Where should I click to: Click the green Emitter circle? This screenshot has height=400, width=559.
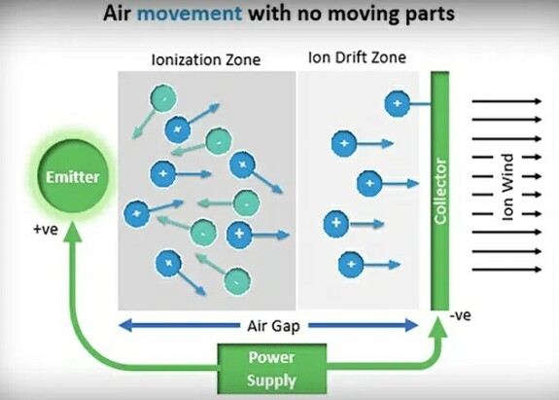73,177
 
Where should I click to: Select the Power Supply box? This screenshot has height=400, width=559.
272,369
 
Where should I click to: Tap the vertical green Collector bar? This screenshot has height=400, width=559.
440,191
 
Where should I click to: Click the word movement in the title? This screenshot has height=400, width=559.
190,14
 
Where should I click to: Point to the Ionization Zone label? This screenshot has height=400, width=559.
206,59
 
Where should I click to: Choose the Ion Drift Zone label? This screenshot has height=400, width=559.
357,57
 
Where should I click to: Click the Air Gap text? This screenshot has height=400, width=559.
273,326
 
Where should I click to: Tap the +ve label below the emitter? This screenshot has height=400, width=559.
46,230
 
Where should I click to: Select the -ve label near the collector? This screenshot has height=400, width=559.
461,315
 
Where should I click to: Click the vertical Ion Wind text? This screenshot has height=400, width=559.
507,187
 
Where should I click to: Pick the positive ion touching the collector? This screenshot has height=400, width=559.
398,103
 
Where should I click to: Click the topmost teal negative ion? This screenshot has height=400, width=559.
163,97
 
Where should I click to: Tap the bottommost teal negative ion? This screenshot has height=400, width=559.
237,281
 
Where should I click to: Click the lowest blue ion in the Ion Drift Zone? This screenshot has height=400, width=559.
351,265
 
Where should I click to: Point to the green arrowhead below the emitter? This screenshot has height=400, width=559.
73,232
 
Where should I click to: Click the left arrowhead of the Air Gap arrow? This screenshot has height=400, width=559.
124,325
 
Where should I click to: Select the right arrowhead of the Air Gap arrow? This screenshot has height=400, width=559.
411,325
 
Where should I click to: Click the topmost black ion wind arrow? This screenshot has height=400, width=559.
507,101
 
